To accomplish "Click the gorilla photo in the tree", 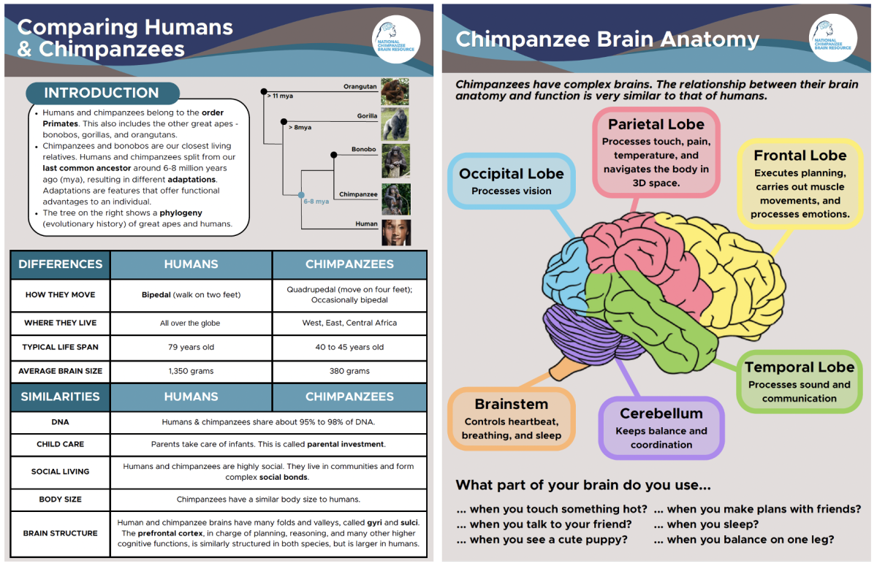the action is tap(395, 124).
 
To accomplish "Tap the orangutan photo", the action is tap(395, 91).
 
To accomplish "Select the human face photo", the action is tap(396, 232).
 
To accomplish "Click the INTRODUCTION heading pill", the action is tap(102, 93).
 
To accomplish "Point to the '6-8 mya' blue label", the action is tap(316, 202).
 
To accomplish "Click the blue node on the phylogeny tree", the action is tap(301, 195).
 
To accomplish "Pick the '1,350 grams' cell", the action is tap(191, 371).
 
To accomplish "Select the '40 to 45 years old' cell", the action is tap(349, 347).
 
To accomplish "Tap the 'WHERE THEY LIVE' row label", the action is tap(60, 323).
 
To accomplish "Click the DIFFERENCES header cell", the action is tap(60, 264).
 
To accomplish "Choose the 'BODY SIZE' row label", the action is tap(60, 499).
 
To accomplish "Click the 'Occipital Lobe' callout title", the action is tap(512, 174).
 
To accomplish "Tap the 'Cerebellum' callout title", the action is tap(661, 413).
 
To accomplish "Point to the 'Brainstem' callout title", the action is tap(512, 404).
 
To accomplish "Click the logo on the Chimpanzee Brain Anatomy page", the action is tap(832, 38).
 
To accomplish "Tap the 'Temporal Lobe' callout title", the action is tap(800, 367).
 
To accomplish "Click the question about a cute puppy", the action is tap(542, 540).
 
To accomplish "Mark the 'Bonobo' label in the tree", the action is tap(364, 149).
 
